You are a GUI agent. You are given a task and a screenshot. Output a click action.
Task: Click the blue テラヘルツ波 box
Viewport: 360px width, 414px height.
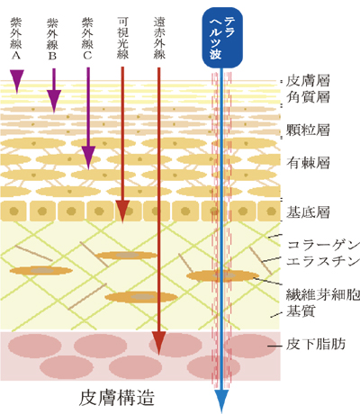click(x=222, y=38)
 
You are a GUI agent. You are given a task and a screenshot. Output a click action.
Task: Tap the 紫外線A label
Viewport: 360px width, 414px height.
click(x=16, y=39)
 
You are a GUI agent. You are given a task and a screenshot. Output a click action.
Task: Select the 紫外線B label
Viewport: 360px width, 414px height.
click(x=52, y=39)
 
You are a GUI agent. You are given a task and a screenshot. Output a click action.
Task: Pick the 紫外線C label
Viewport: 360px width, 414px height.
click(x=87, y=39)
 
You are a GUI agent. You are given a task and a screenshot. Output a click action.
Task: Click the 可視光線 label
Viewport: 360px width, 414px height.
click(x=123, y=38)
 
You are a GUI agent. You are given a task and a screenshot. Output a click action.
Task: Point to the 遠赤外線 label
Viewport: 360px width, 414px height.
click(x=159, y=38)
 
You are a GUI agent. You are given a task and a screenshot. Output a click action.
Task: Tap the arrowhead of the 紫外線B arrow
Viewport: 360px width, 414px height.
click(x=54, y=101)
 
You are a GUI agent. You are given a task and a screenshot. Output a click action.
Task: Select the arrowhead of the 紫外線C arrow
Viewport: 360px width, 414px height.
click(x=88, y=157)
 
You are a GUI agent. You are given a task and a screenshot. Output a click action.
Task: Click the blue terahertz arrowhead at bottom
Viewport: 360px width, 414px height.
click(x=221, y=401)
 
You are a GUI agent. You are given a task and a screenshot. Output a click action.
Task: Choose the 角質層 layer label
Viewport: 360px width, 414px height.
click(x=308, y=97)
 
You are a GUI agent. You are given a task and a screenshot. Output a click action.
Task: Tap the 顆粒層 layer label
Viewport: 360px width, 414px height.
click(x=308, y=130)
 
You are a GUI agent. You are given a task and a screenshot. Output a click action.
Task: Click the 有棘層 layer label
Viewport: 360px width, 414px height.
click(x=308, y=163)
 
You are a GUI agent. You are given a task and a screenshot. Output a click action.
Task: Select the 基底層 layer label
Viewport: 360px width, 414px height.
click(x=308, y=212)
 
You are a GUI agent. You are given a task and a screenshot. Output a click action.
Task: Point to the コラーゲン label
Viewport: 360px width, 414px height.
click(x=323, y=245)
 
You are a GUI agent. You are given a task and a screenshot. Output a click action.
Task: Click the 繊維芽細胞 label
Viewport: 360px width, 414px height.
click(x=323, y=294)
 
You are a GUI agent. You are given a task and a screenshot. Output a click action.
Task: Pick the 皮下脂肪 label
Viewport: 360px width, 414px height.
click(x=316, y=344)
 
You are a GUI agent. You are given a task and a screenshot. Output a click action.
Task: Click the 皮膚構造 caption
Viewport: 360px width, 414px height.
click(x=117, y=398)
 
